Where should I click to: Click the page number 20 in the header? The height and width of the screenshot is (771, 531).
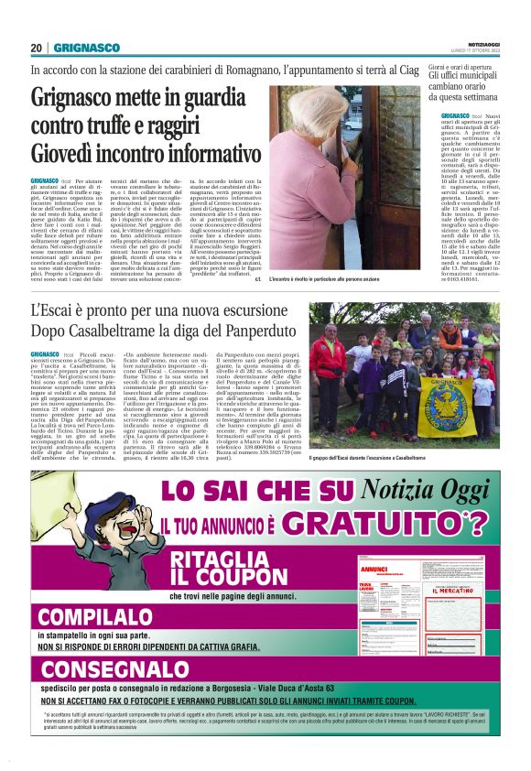pos(37,48)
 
